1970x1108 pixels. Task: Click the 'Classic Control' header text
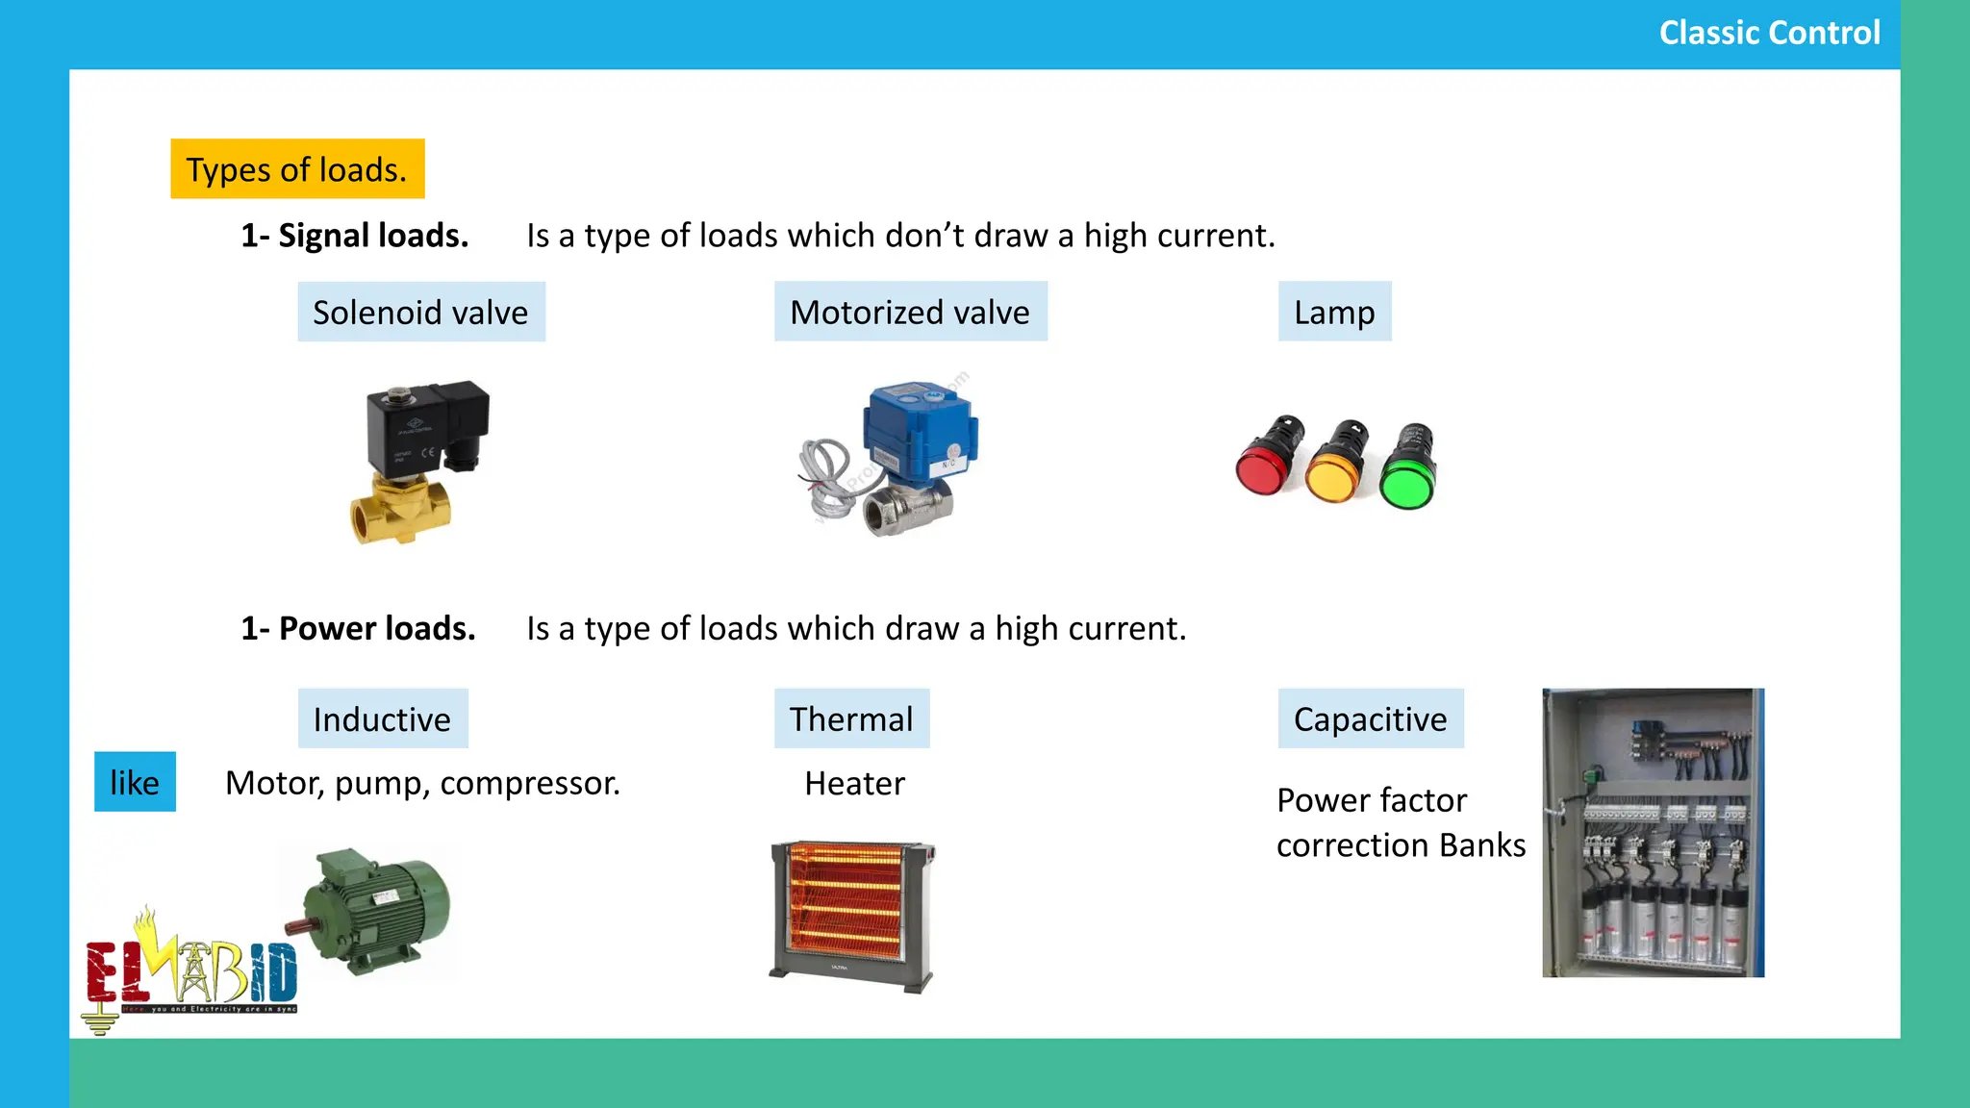click(1769, 33)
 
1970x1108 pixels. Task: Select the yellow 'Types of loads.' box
click(297, 169)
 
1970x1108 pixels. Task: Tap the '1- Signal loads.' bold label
click(354, 236)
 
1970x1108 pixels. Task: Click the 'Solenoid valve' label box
click(420, 313)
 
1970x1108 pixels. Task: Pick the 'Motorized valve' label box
click(910, 313)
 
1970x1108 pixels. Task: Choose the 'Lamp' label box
click(1334, 313)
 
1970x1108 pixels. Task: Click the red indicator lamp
click(1269, 458)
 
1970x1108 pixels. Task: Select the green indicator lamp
click(1407, 469)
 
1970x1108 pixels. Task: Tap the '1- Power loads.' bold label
click(358, 629)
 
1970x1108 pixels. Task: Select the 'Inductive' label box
click(382, 719)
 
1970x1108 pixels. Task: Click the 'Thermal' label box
click(851, 719)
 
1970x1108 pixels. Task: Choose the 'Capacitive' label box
click(1370, 719)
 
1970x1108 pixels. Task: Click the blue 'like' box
click(135, 783)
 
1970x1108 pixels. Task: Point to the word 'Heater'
click(854, 784)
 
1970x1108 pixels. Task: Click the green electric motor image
click(375, 909)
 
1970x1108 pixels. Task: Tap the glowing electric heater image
click(851, 914)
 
